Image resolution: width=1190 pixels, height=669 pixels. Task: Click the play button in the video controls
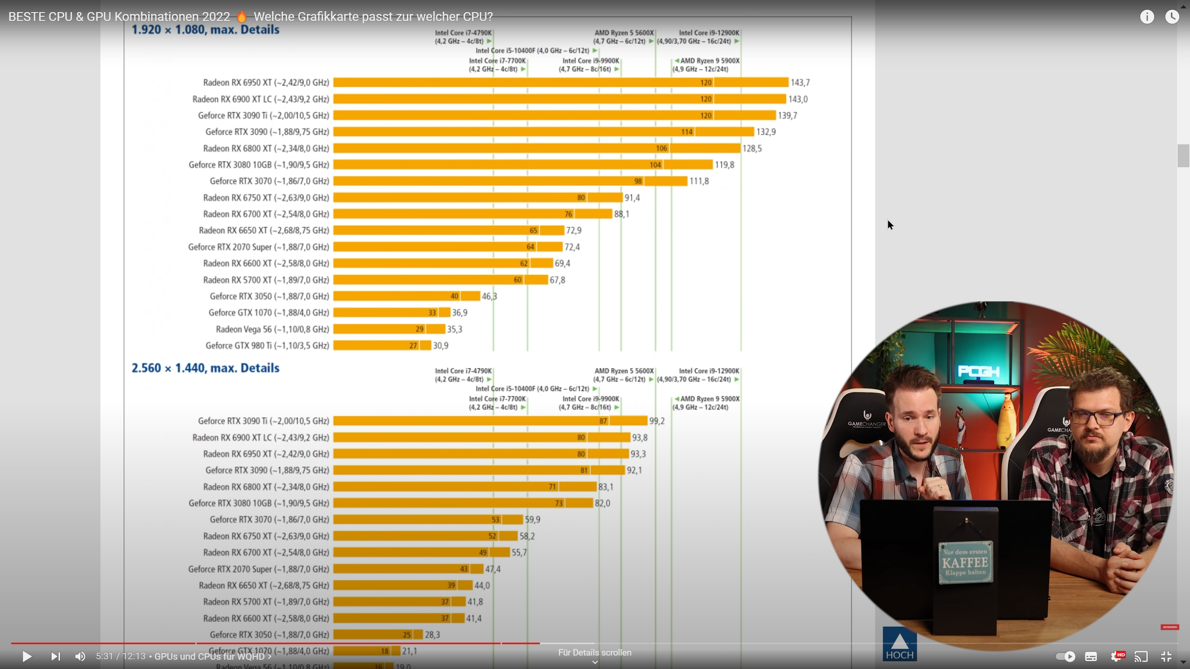pyautogui.click(x=27, y=656)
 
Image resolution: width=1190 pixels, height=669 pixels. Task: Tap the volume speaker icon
pyautogui.click(x=80, y=656)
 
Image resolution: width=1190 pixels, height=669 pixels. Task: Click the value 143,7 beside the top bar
pyautogui.click(x=800, y=83)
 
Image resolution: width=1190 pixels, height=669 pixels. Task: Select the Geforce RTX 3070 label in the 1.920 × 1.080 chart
pyautogui.click(x=269, y=181)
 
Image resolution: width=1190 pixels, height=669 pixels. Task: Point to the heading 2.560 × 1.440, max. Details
pyautogui.click(x=205, y=368)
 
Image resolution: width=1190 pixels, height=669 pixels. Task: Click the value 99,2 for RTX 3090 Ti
pyautogui.click(x=657, y=421)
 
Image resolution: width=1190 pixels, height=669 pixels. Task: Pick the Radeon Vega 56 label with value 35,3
pyautogui.click(x=272, y=329)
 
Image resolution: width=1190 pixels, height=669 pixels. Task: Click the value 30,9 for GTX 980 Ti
pyautogui.click(x=441, y=346)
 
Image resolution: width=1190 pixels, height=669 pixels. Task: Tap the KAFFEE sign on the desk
pyautogui.click(x=965, y=563)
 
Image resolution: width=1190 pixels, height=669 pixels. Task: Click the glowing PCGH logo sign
pyautogui.click(x=978, y=372)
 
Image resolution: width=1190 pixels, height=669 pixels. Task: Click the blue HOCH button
pyautogui.click(x=899, y=644)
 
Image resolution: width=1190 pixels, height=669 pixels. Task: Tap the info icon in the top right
pyautogui.click(x=1147, y=17)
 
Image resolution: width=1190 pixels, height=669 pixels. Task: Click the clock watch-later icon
pyautogui.click(x=1172, y=17)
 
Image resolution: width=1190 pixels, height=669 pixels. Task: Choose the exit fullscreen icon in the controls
pyautogui.click(x=1166, y=656)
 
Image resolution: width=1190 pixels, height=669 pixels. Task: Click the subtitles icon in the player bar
pyautogui.click(x=1091, y=656)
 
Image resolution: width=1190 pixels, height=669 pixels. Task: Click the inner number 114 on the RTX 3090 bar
pyautogui.click(x=687, y=132)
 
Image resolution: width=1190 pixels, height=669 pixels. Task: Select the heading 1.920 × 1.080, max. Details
pyautogui.click(x=205, y=30)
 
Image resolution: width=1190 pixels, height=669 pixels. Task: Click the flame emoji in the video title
pyautogui.click(x=242, y=17)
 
